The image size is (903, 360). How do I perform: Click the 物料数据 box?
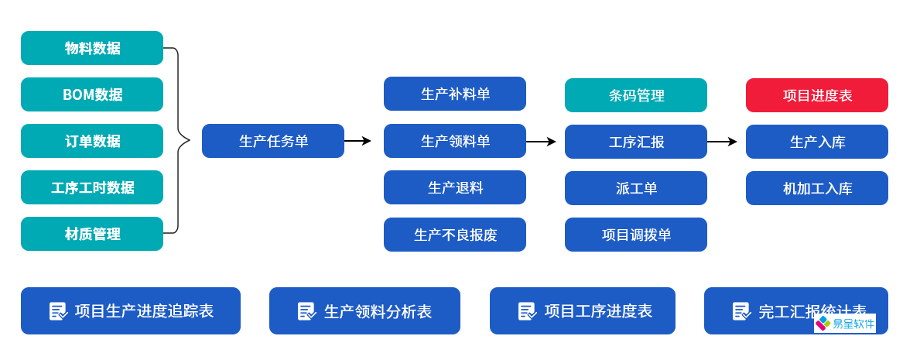[92, 48]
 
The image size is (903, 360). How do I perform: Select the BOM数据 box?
[92, 94]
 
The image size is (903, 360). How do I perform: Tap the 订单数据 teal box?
[92, 141]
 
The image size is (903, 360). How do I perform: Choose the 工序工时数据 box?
[92, 187]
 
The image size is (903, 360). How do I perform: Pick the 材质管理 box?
[92, 234]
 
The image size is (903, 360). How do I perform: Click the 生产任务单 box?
[272, 141]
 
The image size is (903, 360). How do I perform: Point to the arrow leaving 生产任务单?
[357, 141]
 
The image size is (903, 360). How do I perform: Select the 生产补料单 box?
[454, 94]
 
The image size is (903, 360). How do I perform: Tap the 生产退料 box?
[454, 187]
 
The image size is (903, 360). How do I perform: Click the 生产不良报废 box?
[454, 235]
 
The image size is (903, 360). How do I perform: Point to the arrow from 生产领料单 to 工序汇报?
[541, 142]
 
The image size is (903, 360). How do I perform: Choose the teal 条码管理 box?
[635, 95]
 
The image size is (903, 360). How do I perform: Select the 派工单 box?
[635, 188]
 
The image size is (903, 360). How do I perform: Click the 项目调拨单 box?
[635, 235]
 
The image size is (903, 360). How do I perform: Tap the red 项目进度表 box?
[816, 95]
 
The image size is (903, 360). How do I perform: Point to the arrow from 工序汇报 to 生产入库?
[721, 142]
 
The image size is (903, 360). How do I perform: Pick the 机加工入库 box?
[816, 188]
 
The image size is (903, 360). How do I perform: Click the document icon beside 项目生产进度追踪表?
[58, 311]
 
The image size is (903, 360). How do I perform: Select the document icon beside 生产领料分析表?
[306, 311]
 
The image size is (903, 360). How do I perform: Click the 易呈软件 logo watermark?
[844, 323]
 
